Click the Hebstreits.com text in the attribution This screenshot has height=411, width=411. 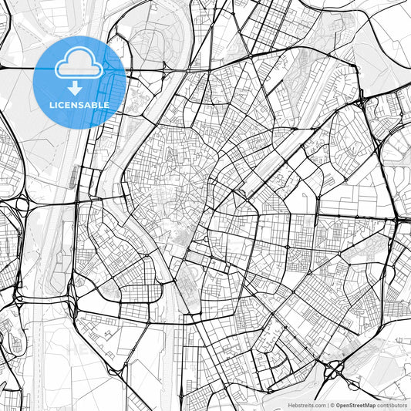[306, 404]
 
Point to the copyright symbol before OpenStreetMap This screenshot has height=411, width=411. [332, 404]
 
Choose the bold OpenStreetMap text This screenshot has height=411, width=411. [355, 404]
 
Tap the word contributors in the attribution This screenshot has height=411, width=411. [392, 404]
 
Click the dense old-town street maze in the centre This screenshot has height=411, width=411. [166, 185]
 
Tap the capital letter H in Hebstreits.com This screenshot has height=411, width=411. [290, 404]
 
